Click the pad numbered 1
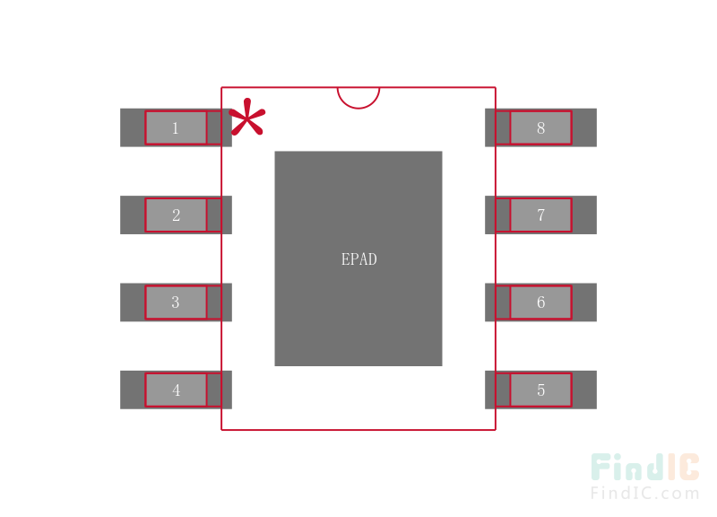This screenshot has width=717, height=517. coord(176,127)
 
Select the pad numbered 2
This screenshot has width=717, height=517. coord(176,215)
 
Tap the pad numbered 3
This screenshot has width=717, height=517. coord(176,302)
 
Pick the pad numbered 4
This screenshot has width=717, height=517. coord(176,390)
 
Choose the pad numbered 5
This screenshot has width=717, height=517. coord(541,390)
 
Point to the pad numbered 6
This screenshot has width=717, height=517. coord(541,302)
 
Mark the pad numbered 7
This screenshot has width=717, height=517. coord(541,215)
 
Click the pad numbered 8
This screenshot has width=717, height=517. coord(541,127)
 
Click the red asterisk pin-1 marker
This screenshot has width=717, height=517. coord(247,118)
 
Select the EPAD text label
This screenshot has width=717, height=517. coord(359,259)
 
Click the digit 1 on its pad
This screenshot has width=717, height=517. coord(175,127)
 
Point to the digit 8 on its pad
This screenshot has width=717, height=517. coord(541,127)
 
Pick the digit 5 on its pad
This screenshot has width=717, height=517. coord(541,390)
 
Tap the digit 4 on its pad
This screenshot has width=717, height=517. coord(176,390)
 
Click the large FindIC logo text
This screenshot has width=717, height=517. coord(645,467)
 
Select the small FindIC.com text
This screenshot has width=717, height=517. coord(645,493)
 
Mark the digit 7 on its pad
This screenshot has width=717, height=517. coord(541,215)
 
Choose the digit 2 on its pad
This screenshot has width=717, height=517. coord(176,215)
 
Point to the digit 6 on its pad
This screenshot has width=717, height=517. coord(541,302)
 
